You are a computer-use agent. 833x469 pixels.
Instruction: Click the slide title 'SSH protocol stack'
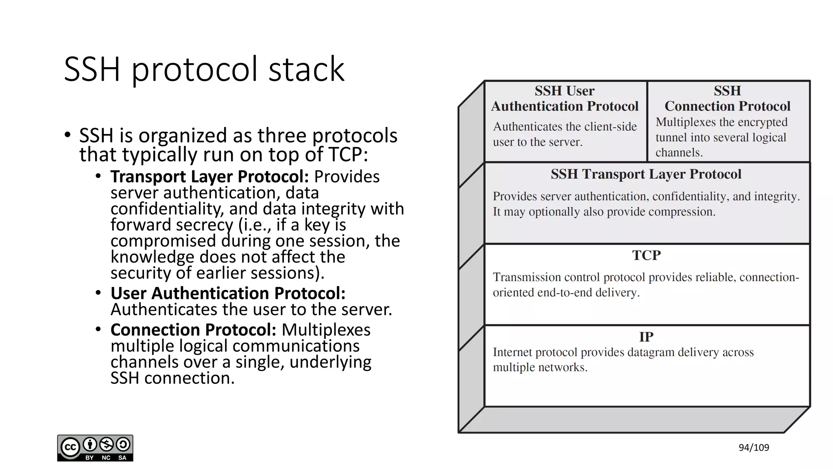coord(204,69)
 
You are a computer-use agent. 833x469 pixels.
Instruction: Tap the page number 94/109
coord(754,448)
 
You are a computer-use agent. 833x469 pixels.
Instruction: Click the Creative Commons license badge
coord(95,448)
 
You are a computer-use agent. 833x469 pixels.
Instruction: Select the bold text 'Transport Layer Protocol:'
coord(209,177)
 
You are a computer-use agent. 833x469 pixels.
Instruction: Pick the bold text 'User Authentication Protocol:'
coord(228,293)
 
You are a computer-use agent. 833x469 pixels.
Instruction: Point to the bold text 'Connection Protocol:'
coord(193,330)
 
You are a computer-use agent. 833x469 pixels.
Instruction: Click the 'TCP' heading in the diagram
coord(646,255)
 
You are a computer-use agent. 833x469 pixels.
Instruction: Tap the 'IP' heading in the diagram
coord(646,337)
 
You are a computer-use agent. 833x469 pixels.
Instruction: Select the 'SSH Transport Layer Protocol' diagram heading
coord(646,174)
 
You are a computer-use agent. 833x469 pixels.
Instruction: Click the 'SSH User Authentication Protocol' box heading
coord(565,99)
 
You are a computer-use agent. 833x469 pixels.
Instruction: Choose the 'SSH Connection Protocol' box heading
coord(727,99)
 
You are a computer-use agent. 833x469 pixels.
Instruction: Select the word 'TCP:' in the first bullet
coord(348,155)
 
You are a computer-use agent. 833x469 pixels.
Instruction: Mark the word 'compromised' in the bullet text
coord(163,241)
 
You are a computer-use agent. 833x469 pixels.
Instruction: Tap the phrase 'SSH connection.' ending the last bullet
coord(172,378)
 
